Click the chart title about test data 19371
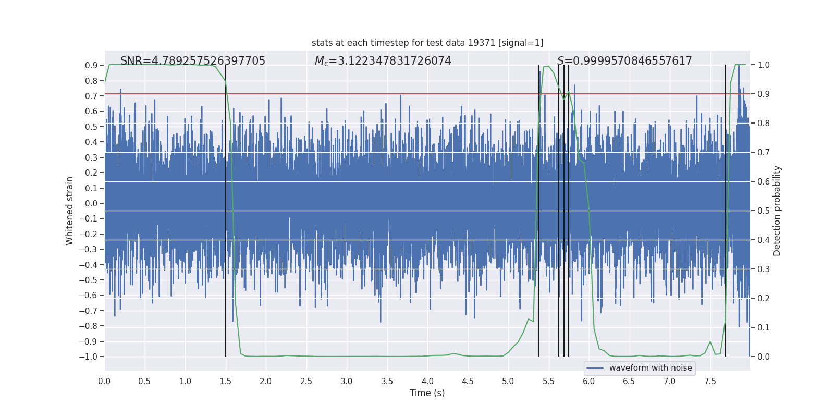coord(427,43)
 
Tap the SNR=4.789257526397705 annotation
coord(192,61)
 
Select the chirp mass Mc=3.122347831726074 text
coord(383,61)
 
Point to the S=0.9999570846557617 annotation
coord(624,61)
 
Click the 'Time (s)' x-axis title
coord(427,393)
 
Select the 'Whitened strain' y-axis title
coord(69,211)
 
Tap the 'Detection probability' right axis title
coord(777,211)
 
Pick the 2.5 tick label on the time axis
coord(306,381)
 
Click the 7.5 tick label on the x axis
coord(710,381)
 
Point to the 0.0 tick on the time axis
coord(104,381)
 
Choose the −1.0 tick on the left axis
coord(91,357)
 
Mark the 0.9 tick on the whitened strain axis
coord(91,65)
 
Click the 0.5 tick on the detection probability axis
coord(764,211)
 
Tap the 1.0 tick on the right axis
coord(764,65)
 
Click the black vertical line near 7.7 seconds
coord(726,208)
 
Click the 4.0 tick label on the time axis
coord(427,381)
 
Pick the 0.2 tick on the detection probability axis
coord(764,298)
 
